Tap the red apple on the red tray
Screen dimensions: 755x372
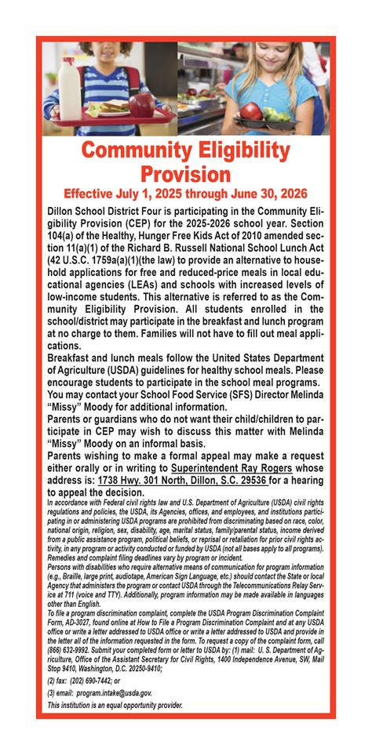[142, 103]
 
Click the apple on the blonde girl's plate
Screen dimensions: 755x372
[251, 111]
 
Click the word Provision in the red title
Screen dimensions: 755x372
[185, 174]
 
